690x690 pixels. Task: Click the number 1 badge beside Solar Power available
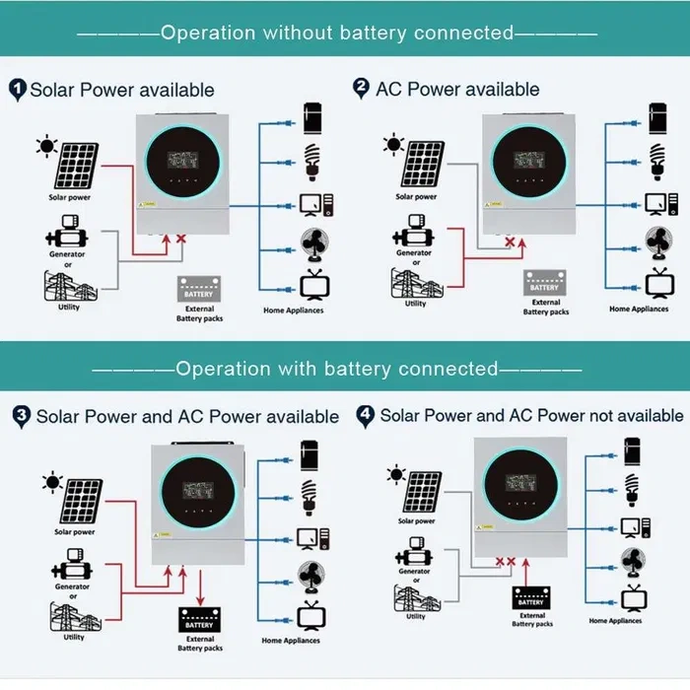tap(17, 90)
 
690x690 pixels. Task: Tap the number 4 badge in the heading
tap(365, 415)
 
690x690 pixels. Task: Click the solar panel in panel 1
tap(76, 166)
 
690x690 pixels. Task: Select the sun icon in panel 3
tap(49, 483)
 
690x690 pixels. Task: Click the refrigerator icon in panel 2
tap(655, 115)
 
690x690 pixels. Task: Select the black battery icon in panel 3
tap(200, 620)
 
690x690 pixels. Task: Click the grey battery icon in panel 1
tap(198, 289)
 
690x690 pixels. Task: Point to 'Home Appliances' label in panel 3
tap(292, 641)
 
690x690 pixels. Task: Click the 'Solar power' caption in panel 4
tap(417, 520)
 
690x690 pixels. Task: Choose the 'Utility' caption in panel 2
tap(416, 304)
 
